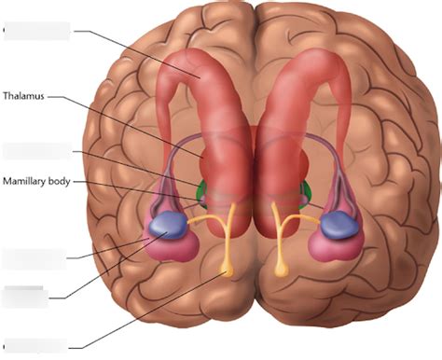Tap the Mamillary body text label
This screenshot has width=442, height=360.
pyautogui.click(x=36, y=181)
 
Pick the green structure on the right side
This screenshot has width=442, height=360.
pyautogui.click(x=306, y=195)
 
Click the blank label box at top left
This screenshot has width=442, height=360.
pyautogui.click(x=37, y=31)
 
